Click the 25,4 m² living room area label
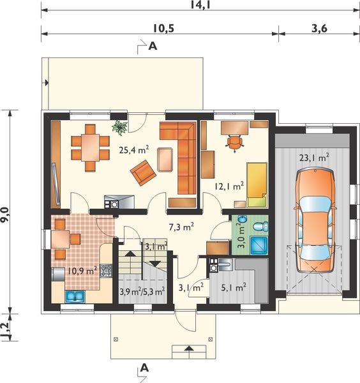134,149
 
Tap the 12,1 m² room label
229,186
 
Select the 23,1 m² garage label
314,158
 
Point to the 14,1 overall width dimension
200,5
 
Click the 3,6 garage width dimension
319,29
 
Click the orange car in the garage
315,220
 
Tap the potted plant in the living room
119,127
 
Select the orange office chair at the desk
234,143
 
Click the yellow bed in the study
257,185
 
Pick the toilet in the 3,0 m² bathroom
260,227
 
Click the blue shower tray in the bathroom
260,245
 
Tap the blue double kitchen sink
75,296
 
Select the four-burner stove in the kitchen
106,271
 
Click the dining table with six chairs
91,148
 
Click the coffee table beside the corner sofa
165,160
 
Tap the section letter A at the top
153,46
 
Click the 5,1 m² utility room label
234,288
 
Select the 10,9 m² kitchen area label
82,271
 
